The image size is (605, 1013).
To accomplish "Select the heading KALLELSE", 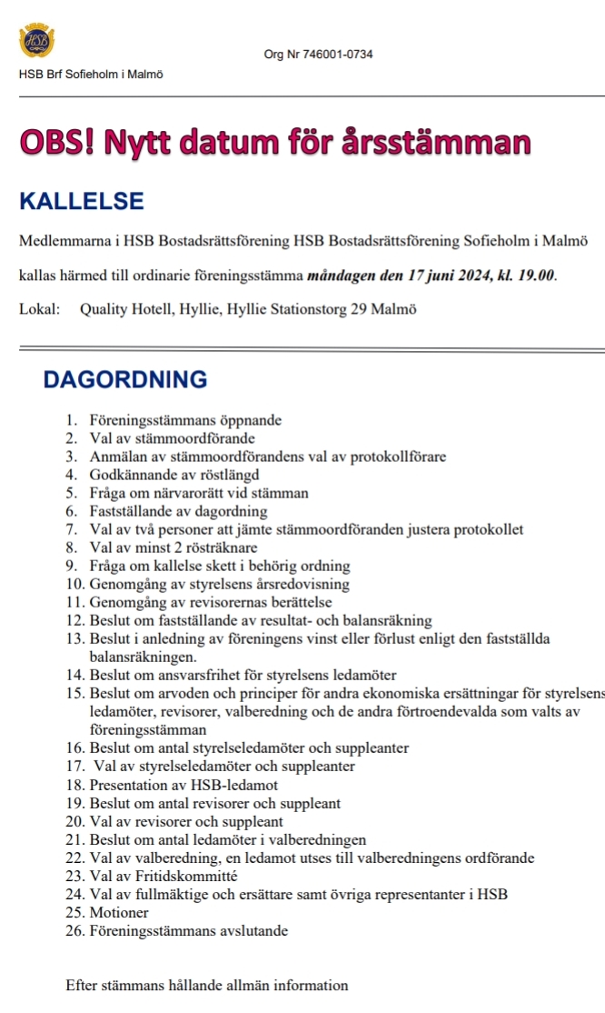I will coord(82,201).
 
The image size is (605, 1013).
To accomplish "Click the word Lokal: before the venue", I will coord(39,309).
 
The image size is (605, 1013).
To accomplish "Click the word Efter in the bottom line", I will coord(82,985).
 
